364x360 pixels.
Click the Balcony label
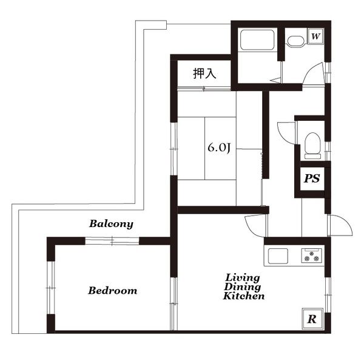pos(111,224)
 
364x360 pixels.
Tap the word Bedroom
pos(113,291)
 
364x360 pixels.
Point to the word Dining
pos(242,287)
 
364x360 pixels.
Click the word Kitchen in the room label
pos(244,296)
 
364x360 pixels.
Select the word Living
pos(243,278)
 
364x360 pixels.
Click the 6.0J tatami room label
pos(219,148)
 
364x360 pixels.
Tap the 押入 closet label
pos(204,73)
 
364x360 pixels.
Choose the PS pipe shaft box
pos(312,178)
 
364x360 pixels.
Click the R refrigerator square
pos(312,319)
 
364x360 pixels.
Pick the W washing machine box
pos(315,36)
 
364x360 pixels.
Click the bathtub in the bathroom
pos(257,39)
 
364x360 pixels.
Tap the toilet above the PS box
pos(312,146)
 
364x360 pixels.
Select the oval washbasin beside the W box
pos(296,41)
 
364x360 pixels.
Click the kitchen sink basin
pos(278,256)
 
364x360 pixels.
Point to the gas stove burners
pos(312,256)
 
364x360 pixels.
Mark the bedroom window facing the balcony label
pos(112,241)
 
